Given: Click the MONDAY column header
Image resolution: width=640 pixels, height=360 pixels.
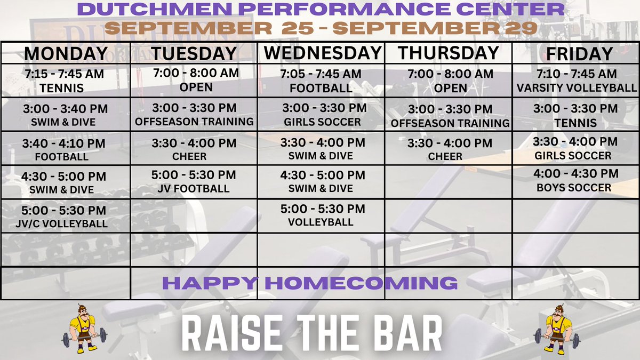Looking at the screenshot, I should coord(66,54).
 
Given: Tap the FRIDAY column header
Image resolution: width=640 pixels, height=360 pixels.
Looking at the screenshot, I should coord(575,54).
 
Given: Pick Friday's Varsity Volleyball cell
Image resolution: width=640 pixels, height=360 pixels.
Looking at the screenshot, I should coord(577,81).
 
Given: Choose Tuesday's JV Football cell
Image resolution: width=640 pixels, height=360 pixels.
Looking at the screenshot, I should coord(194,181).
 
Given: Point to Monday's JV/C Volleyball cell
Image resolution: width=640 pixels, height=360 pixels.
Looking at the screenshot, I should coord(64,216).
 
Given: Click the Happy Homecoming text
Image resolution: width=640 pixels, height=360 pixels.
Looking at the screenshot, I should coord(309,283).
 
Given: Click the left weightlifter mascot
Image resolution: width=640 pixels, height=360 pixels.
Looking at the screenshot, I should coord(84,330).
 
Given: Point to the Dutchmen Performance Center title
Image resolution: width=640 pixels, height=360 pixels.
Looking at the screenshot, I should coord(321,9).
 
